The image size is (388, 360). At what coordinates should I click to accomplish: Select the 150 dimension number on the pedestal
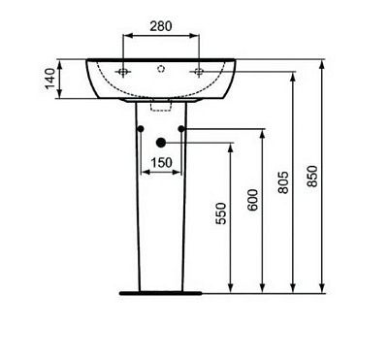[x=161, y=162]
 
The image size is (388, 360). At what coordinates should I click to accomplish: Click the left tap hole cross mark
[x=123, y=73]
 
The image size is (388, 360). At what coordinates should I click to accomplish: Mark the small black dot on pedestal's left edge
[x=141, y=129]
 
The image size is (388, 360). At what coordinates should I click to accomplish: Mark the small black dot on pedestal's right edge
[x=182, y=129]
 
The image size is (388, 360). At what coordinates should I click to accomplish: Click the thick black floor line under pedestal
[x=161, y=290]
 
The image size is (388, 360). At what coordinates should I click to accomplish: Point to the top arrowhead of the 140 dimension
[x=60, y=63]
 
